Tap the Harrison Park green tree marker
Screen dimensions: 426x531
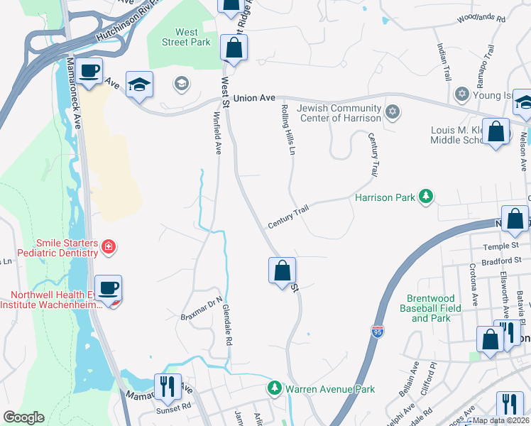tap(425, 196)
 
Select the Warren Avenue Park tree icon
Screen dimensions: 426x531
tap(275, 388)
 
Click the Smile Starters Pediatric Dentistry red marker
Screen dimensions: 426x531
tap(109, 247)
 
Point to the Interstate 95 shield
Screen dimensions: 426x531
tap(376, 331)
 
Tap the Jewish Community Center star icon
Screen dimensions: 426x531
tap(392, 111)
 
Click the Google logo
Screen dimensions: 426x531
tap(23, 417)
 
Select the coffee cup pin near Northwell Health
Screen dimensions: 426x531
tap(108, 288)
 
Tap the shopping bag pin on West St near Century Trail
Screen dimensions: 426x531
tap(282, 270)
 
